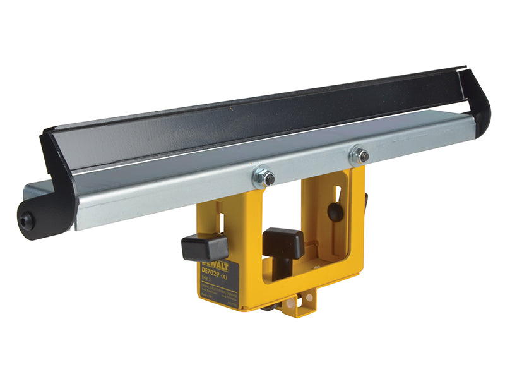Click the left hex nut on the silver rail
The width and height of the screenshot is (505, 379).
[x=264, y=178]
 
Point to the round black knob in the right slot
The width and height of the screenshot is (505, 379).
[x=336, y=211]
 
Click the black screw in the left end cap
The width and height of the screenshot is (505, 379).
[x=26, y=220]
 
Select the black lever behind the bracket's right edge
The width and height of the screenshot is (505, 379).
[x=365, y=199]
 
